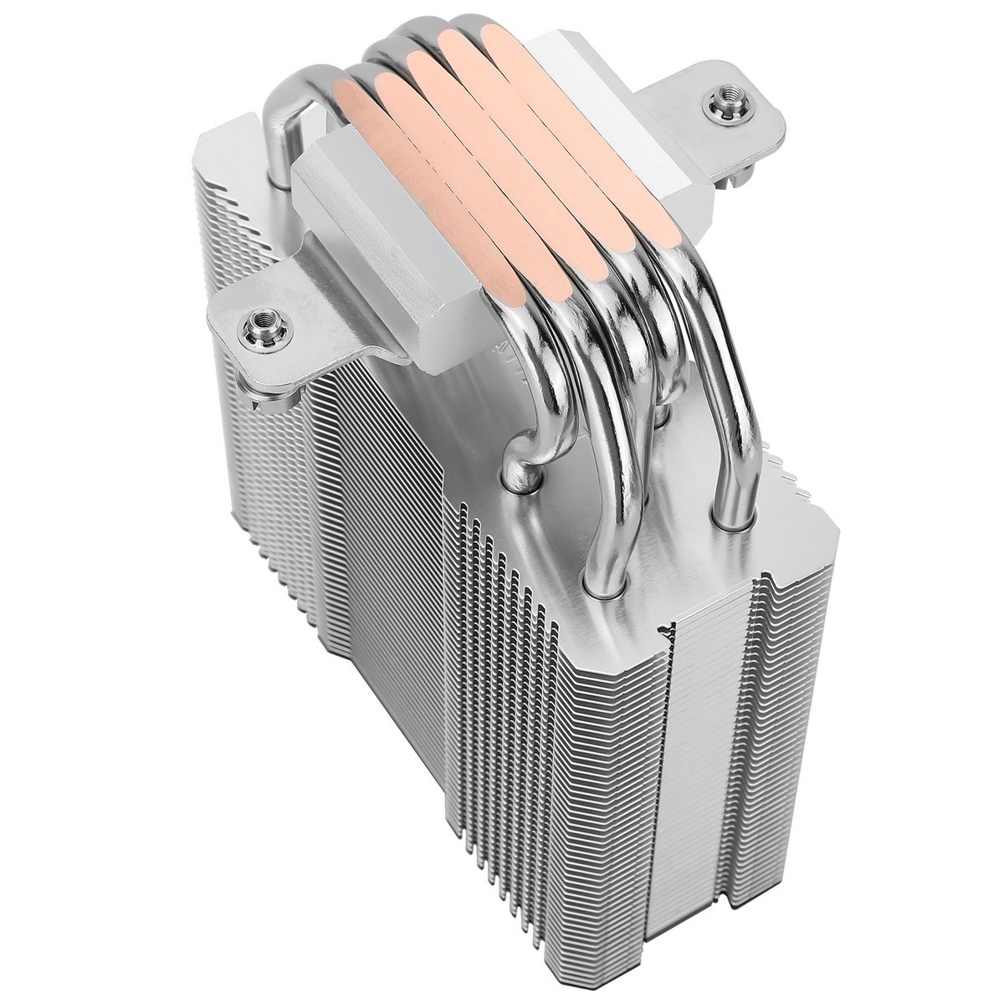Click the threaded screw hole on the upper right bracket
tap(720, 105)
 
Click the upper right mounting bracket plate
tap(728, 125)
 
